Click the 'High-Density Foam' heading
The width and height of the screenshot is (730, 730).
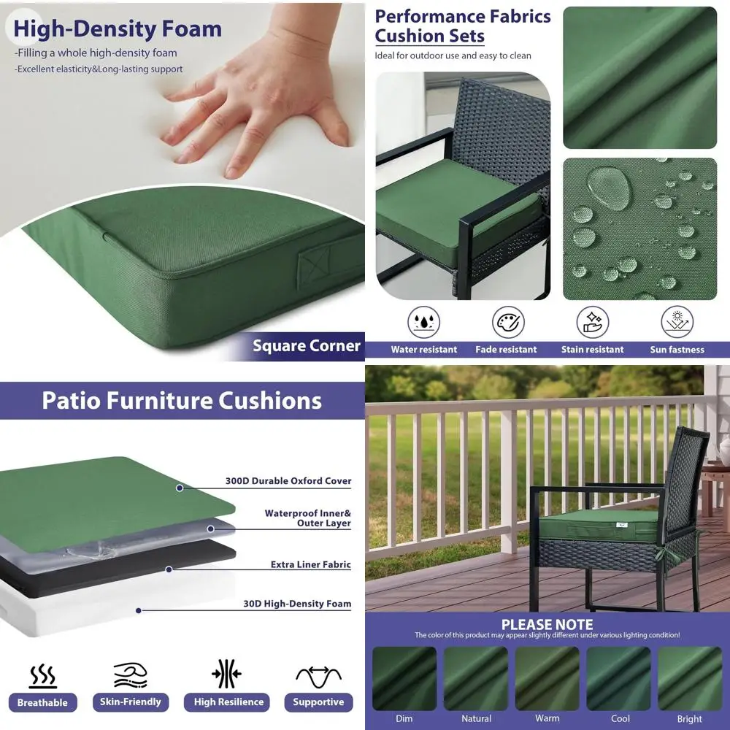point(118,28)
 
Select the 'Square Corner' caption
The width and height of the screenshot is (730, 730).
point(307,346)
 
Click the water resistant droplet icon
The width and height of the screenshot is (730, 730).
point(423,322)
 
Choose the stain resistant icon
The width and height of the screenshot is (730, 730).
point(593,322)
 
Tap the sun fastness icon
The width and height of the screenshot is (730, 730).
point(677,322)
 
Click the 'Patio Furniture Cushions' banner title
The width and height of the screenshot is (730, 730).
point(182,401)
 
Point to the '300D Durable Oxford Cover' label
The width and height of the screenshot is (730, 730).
point(288,481)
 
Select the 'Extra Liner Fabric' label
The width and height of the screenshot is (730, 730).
point(311,564)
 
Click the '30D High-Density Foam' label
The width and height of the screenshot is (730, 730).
point(297,604)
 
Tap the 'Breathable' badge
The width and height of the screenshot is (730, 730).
point(42,702)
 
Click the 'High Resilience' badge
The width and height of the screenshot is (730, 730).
point(228,702)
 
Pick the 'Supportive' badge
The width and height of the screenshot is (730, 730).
point(318,702)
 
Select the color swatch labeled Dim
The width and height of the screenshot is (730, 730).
point(404,678)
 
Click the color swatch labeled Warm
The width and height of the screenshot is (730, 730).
point(547,678)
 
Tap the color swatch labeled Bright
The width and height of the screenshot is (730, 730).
point(689,678)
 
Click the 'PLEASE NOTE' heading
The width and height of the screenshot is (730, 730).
point(547,624)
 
